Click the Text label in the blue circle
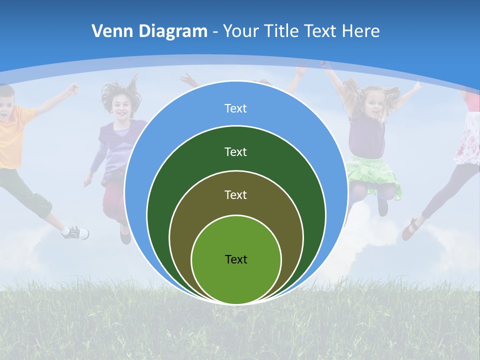tap(235, 108)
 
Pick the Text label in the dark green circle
tap(235, 151)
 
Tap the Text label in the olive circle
tap(235, 194)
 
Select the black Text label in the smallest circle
tap(236, 259)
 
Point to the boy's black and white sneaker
tap(76, 232)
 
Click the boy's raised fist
tap(73, 89)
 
